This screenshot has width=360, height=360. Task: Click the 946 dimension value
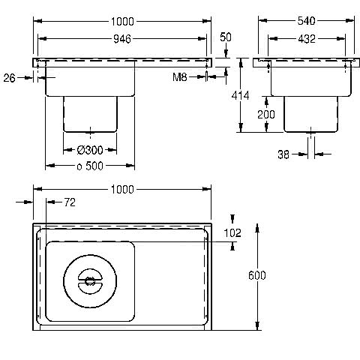coord(122,39)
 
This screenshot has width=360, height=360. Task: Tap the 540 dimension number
coord(306,21)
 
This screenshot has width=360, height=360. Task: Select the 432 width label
coord(307,39)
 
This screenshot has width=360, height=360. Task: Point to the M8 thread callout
coord(180,77)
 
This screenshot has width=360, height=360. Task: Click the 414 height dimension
coord(240,95)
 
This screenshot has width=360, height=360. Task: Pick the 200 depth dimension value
coord(266,115)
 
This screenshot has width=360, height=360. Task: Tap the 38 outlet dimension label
coord(283,154)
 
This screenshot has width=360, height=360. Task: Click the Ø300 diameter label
coord(90,150)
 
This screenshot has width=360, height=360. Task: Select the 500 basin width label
coord(94,166)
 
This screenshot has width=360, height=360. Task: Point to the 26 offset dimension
coord(10,78)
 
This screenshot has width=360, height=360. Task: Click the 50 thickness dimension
coord(226,37)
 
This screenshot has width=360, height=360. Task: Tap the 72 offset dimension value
coord(70,202)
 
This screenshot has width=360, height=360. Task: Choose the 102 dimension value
coord(232,233)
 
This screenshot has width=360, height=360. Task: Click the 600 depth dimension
coord(257,275)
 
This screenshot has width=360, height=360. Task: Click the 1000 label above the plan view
coord(122,190)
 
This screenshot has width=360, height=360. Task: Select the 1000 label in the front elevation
coord(122,22)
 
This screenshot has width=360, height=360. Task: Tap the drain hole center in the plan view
coord(90,281)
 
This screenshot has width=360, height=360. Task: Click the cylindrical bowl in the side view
coord(310,114)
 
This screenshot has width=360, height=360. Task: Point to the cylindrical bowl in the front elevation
coord(90,114)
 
